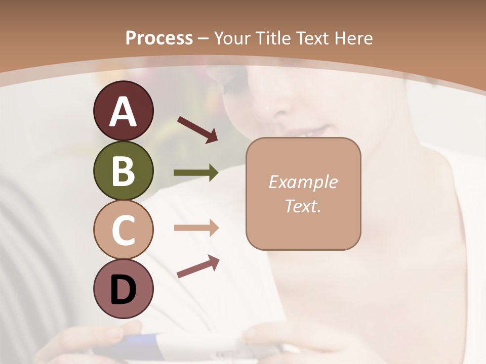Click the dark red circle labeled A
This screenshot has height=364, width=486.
tap(123, 111)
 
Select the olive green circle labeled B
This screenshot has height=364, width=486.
tap(123, 171)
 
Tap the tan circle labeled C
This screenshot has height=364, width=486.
tap(123, 230)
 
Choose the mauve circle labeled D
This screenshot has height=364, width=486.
tap(123, 289)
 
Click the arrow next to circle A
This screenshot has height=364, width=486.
tap(197, 128)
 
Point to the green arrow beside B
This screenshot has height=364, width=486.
tap(196, 173)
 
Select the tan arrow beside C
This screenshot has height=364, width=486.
tap(196, 228)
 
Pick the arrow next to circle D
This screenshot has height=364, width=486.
tap(198, 266)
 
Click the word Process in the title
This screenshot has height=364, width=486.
tap(159, 38)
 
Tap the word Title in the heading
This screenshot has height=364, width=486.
tap(274, 38)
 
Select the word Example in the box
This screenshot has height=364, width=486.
tap(303, 182)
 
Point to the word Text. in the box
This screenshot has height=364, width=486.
tap(303, 206)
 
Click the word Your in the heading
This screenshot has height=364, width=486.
tap(233, 38)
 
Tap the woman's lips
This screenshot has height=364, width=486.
tap(307, 132)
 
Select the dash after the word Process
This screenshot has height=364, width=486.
tap(204, 39)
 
